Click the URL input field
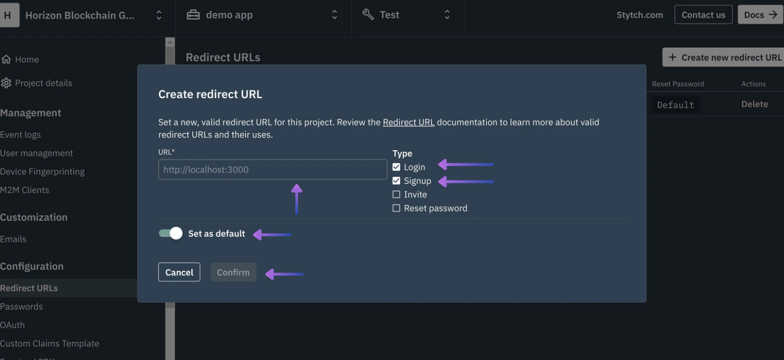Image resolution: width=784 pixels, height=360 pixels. click(273, 170)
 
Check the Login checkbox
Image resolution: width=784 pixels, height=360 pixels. click(396, 167)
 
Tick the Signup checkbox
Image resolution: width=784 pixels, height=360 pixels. click(396, 181)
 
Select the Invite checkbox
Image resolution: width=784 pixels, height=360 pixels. click(396, 195)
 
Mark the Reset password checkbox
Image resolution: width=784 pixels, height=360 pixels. click(396, 208)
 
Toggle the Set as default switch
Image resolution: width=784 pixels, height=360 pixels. click(170, 233)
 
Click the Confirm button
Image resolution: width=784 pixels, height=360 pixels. click(233, 272)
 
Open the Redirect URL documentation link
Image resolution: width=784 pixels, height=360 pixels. click(408, 122)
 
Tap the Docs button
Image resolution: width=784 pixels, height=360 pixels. click(760, 15)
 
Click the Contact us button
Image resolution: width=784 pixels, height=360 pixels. click(703, 15)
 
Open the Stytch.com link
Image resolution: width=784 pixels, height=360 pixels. click(640, 15)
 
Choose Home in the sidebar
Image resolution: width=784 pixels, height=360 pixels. click(27, 59)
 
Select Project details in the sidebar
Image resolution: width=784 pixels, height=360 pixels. click(43, 83)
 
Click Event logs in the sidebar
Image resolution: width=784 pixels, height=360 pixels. click(20, 134)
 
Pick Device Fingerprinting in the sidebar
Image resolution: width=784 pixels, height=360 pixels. click(42, 172)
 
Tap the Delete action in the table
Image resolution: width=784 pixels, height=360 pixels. click(754, 104)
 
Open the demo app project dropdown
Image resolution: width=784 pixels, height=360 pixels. click(263, 15)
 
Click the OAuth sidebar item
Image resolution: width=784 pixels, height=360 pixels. click(12, 325)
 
